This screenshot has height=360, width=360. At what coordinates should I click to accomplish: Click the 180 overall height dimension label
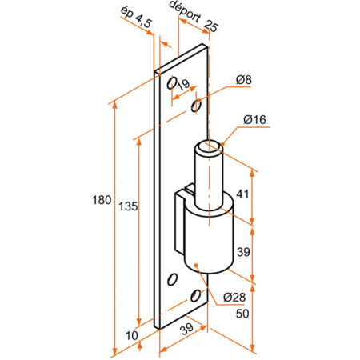coord(102,200)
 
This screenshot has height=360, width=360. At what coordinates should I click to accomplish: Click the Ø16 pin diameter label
coord(254,120)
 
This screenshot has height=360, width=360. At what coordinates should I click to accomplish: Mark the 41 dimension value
coord(243,193)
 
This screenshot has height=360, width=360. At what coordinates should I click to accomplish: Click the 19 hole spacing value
coord(183,84)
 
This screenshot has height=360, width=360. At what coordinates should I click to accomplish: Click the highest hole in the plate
coord(171,82)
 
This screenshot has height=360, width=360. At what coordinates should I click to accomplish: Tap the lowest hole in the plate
coord(196,297)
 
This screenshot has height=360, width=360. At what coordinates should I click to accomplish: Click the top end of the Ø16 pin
coord(210,146)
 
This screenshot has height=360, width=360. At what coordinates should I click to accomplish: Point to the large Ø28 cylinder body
coord(209,240)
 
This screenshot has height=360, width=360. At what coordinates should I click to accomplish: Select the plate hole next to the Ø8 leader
coord(195,106)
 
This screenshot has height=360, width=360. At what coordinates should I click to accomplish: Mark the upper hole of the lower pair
coord(172,280)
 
